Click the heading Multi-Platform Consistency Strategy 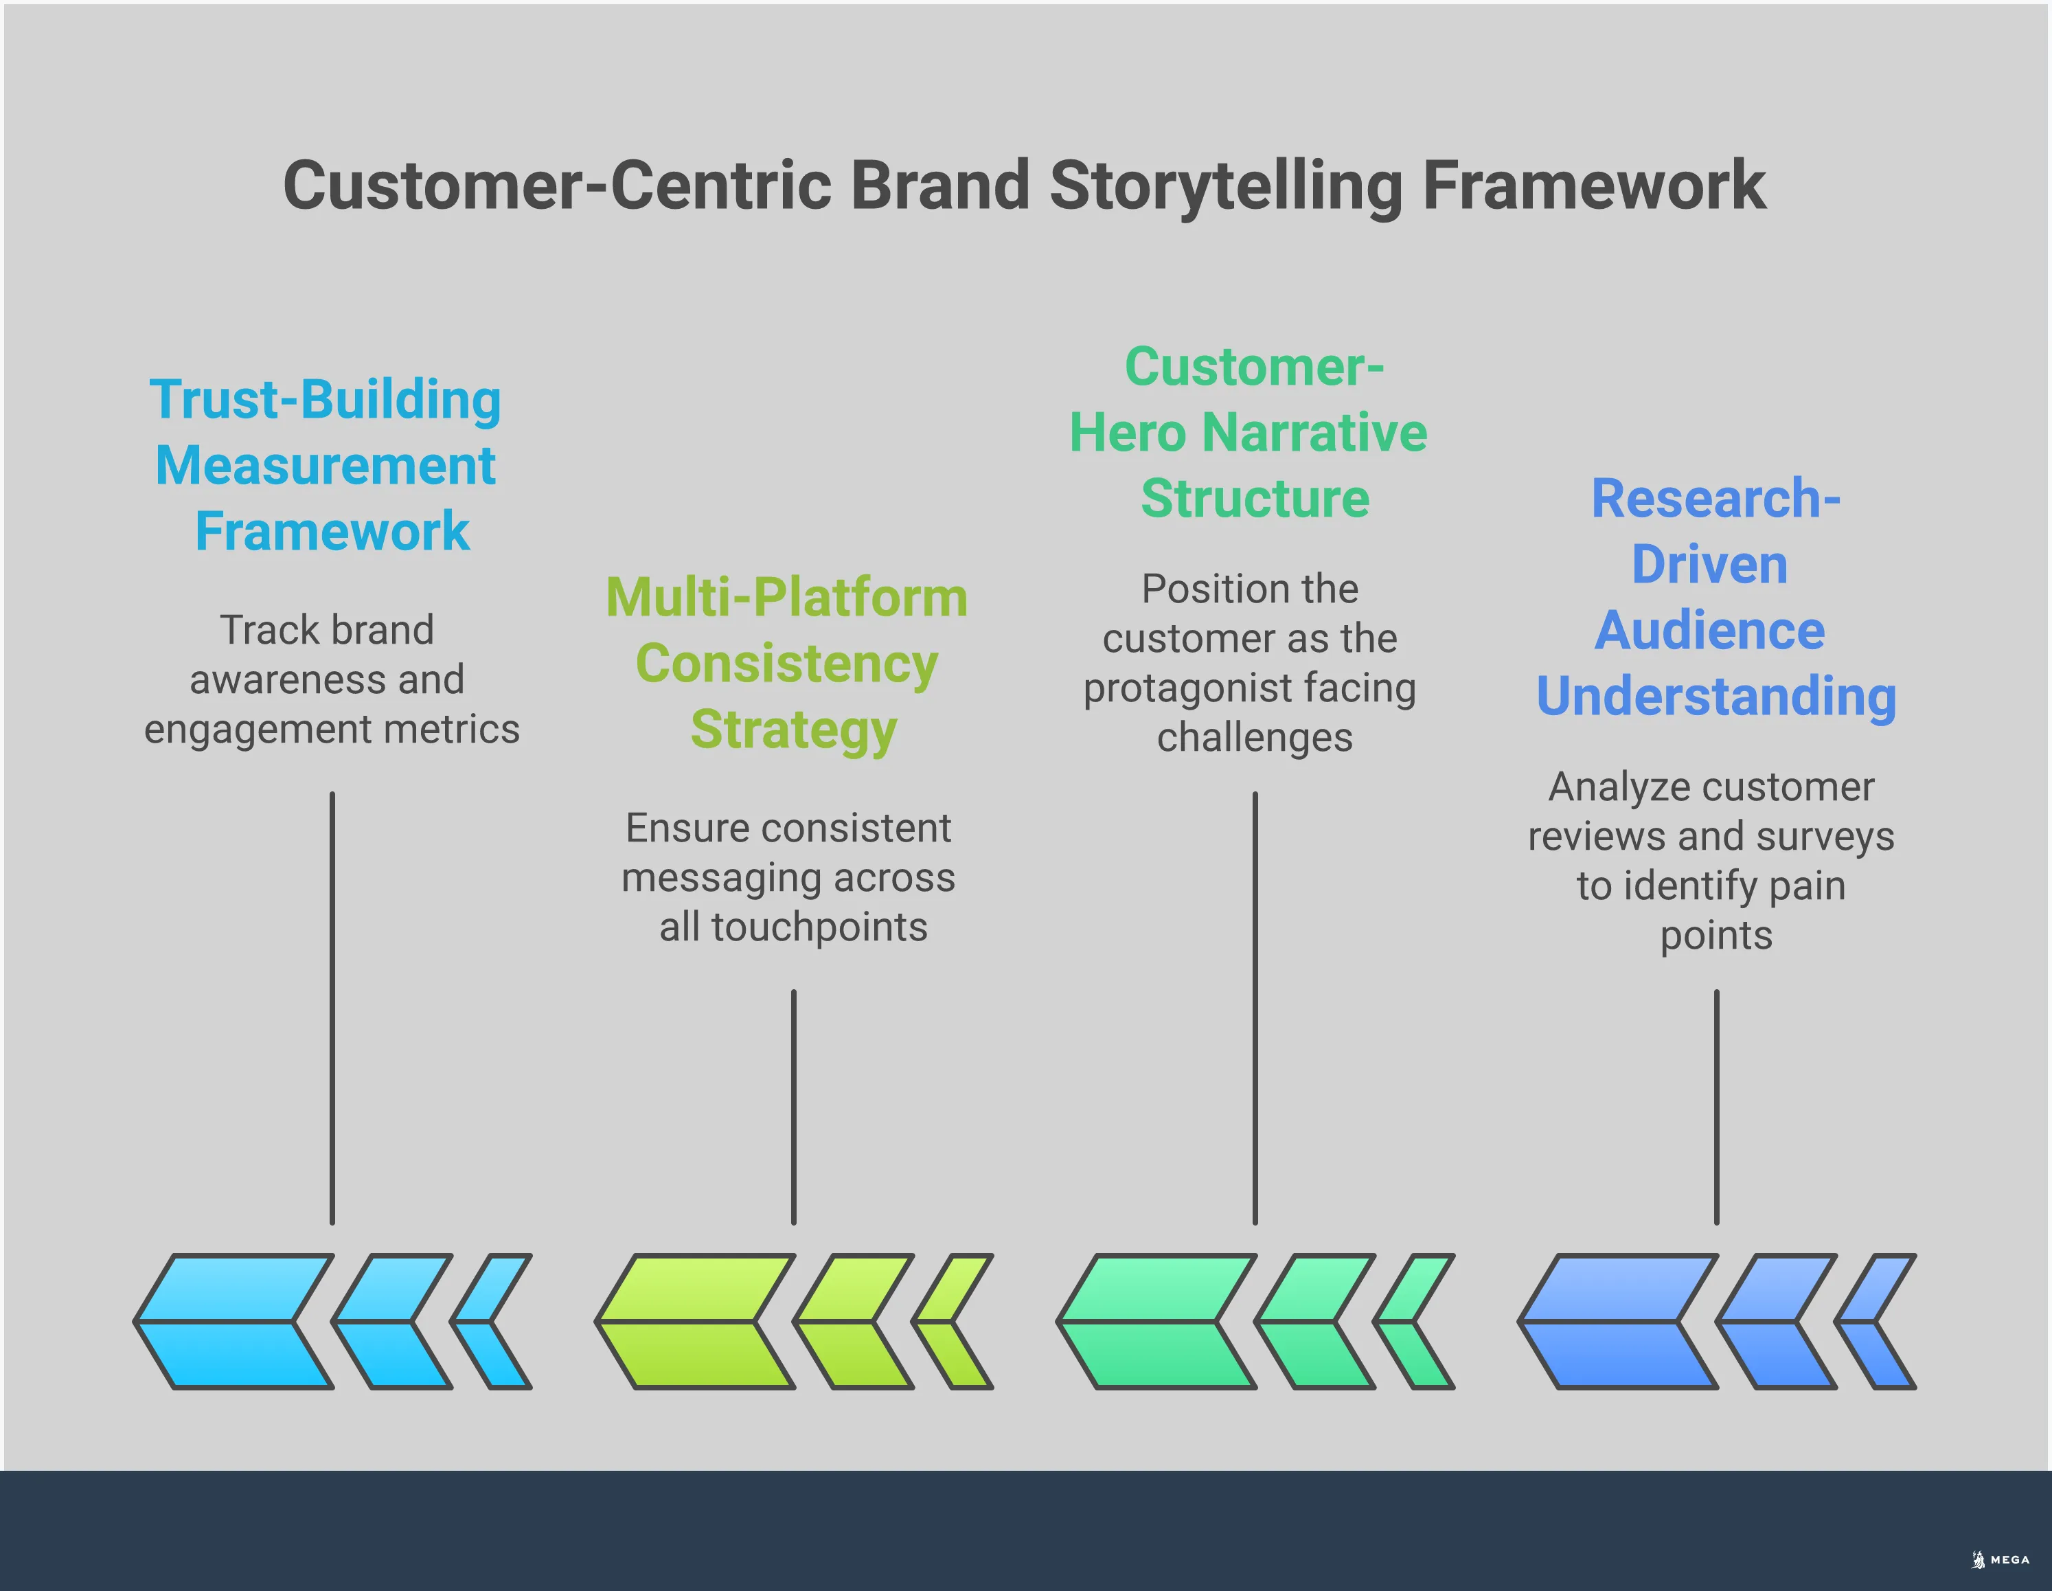(x=787, y=664)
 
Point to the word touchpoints (x=819, y=927)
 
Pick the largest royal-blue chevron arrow (x=1618, y=1321)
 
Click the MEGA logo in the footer (x=2001, y=1560)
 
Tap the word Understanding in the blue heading (x=1715, y=697)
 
